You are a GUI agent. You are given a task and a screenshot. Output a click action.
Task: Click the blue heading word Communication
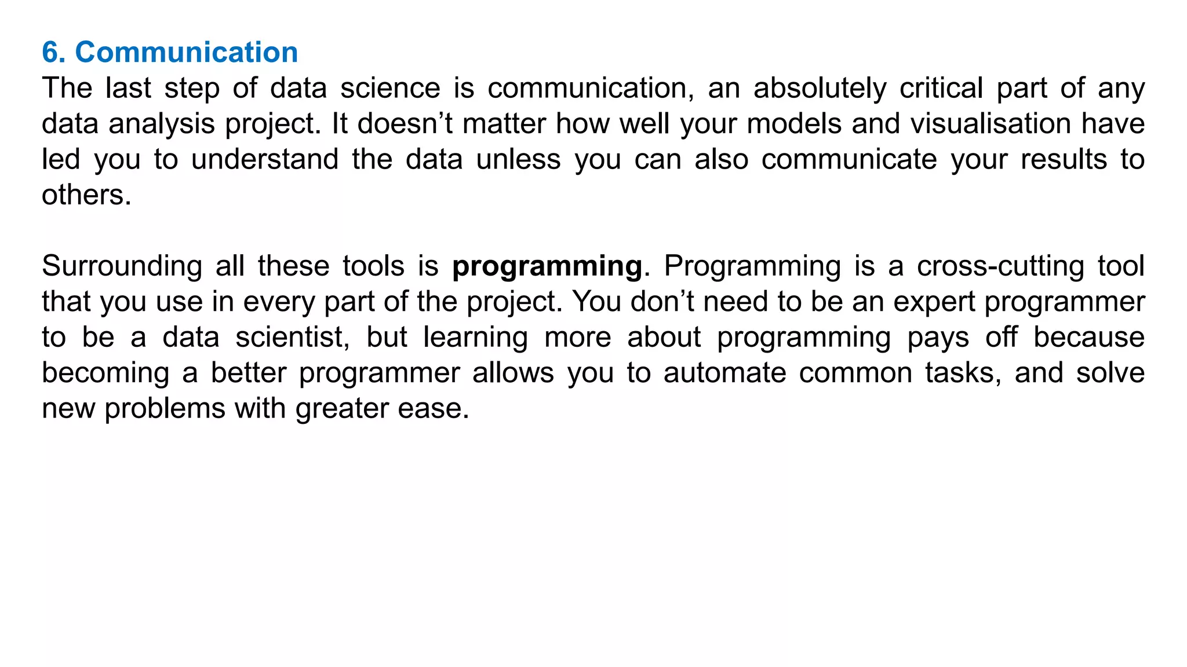186,53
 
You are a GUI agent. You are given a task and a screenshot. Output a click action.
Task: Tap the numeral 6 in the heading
50,53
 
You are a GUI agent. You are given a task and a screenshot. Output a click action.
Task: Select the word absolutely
820,89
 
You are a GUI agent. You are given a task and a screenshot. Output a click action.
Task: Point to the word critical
941,89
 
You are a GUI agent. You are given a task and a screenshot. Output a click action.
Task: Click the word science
390,89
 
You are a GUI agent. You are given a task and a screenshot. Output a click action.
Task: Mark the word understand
265,160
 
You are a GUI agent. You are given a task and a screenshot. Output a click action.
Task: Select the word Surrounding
122,266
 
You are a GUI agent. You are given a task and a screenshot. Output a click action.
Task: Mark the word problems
164,409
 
